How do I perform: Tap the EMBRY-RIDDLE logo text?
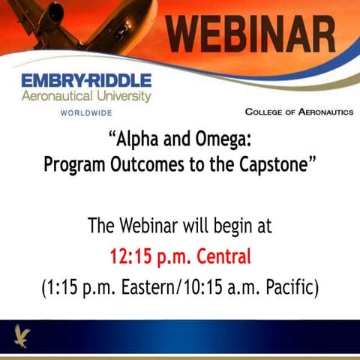(x=86, y=80)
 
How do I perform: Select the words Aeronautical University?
(x=86, y=96)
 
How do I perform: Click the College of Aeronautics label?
(x=298, y=112)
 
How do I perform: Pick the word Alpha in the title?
(x=139, y=138)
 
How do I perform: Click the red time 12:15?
(x=131, y=257)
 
